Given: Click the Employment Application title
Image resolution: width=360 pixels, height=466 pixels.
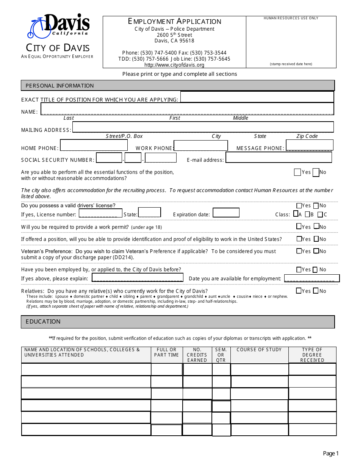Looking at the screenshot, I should (174, 22).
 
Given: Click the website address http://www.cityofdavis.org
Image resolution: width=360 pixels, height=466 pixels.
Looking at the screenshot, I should (174, 65).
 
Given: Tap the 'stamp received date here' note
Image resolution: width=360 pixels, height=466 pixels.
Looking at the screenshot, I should (291, 64).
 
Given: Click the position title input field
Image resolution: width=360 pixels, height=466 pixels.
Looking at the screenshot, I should (257, 97).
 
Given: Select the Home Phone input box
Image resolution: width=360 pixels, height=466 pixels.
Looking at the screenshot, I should (94, 145).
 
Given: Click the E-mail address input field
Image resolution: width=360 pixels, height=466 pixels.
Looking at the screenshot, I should (279, 157).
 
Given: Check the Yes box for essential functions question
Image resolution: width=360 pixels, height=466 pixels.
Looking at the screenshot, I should (297, 172).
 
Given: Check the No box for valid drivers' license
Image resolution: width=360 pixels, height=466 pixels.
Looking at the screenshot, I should (316, 206).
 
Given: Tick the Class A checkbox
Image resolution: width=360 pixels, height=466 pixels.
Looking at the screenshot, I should (296, 214).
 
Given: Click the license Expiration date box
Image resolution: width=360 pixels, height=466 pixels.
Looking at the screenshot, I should (226, 213).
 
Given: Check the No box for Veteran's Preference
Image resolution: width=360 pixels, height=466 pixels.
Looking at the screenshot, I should (316, 251).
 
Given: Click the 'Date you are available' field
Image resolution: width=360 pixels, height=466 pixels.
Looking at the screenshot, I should (311, 278).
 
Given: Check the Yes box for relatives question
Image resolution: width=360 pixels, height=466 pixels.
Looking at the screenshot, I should (299, 291).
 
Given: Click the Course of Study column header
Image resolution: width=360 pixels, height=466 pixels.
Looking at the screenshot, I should (259, 350).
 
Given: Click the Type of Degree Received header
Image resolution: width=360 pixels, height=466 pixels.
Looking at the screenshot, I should (312, 355).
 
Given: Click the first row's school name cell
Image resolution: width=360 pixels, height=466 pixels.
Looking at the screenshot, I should (86, 369).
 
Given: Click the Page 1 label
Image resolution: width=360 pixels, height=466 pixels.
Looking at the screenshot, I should (330, 453).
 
